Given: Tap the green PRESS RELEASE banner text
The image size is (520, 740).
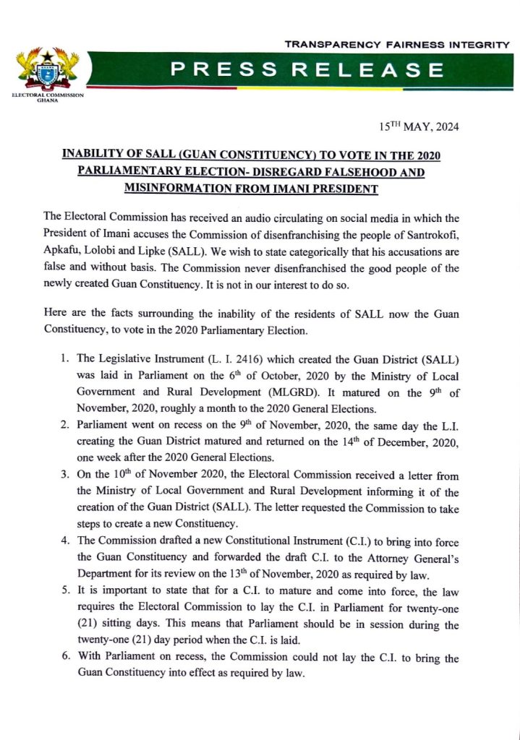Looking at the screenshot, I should pos(303,70).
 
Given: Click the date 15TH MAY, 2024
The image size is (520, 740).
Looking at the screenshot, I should pos(419,127).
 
